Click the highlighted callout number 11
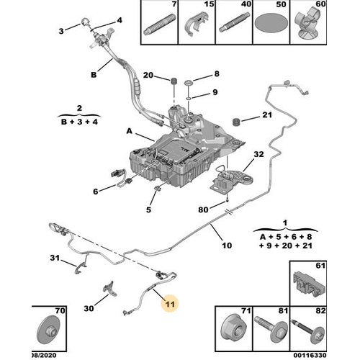point(170,304)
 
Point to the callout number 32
point(258,154)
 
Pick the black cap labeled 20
point(174,81)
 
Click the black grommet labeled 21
point(237,121)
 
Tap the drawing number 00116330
point(310,355)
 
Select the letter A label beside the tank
point(130,131)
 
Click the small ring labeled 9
point(189,98)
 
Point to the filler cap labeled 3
point(85,22)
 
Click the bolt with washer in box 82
point(308,330)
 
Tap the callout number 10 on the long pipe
point(227,246)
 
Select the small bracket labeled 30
point(110,289)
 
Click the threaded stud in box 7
point(159,24)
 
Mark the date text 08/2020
point(44,355)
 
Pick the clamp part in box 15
point(197,24)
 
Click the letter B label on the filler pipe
point(94,75)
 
